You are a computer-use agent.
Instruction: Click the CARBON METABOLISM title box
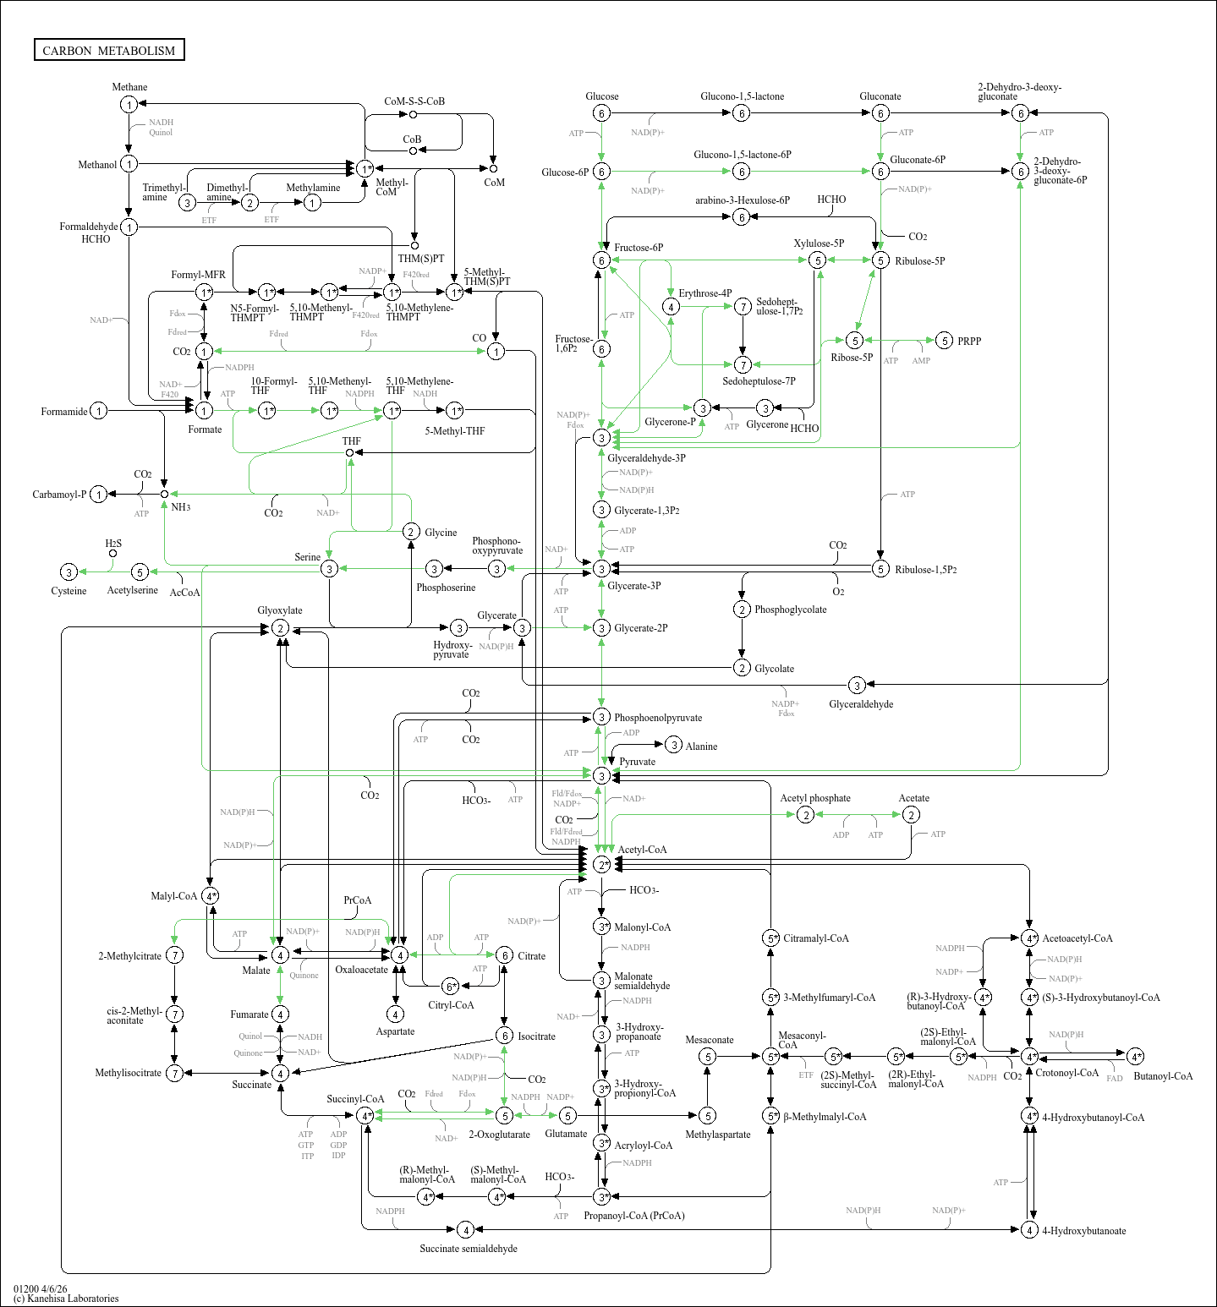pyautogui.click(x=109, y=51)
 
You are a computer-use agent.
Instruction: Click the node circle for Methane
pyautogui.click(x=129, y=104)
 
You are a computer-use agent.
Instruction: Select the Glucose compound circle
pyautogui.click(x=601, y=113)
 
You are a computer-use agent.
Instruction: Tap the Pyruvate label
pyautogui.click(x=637, y=762)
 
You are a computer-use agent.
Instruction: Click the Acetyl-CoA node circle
pyautogui.click(x=601, y=864)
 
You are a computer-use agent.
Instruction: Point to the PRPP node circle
pyautogui.click(x=945, y=341)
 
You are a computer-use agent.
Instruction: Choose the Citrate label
pyautogui.click(x=531, y=956)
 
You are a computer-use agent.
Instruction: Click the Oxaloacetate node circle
pyautogui.click(x=399, y=954)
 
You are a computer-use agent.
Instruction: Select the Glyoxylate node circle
pyautogui.click(x=280, y=628)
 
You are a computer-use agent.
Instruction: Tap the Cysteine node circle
pyautogui.click(x=69, y=572)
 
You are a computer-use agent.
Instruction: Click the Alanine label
pyautogui.click(x=701, y=746)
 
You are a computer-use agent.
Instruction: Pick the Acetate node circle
pyautogui.click(x=911, y=814)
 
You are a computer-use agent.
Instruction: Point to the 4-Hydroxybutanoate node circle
pyautogui.click(x=1029, y=1229)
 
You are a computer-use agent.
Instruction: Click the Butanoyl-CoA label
pyautogui.click(x=1163, y=1076)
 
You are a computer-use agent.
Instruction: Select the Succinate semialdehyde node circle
pyautogui.click(x=464, y=1229)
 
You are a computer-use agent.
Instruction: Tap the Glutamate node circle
pyautogui.click(x=567, y=1116)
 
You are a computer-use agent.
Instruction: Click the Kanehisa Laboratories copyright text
pyautogui.click(x=66, y=1299)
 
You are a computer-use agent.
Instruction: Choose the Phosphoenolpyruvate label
pyautogui.click(x=657, y=718)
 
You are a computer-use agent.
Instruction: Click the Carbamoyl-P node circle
pyautogui.click(x=99, y=495)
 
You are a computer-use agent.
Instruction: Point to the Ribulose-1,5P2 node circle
pyautogui.click(x=880, y=569)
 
